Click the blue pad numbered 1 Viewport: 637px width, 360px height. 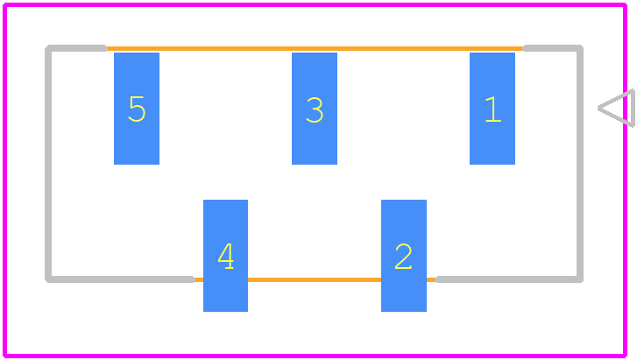point(492,109)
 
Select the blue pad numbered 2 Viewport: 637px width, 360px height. point(404,256)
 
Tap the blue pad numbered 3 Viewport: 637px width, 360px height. point(315,109)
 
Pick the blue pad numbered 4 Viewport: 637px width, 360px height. point(225,256)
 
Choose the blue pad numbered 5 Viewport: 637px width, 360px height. point(137,109)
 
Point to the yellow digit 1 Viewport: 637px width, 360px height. point(493,109)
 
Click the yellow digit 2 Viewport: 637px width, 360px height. point(403,257)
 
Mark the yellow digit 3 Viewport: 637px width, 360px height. point(315,109)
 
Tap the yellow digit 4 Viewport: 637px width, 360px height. point(226,257)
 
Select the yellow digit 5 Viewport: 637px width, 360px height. point(137,109)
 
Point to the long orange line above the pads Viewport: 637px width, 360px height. point(315,48)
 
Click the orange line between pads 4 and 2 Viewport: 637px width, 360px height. point(315,279)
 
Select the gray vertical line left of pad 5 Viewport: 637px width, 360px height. point(48,164)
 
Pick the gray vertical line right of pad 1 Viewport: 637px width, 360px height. point(580,164)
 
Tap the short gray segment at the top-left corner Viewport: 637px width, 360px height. point(76,48)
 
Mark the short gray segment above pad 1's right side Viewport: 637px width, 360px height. point(553,48)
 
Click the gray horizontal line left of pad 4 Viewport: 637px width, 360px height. point(120,279)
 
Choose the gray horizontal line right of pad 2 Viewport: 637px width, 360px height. point(508,279)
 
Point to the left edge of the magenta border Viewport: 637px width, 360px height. point(5,180)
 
